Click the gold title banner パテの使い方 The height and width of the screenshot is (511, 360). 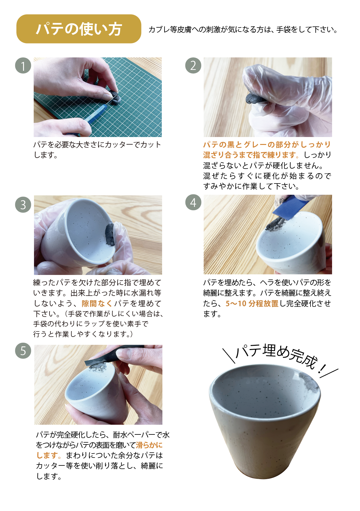[79, 29]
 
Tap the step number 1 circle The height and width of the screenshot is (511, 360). [23, 66]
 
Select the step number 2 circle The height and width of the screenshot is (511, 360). [193, 66]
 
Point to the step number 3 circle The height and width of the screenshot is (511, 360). [23, 204]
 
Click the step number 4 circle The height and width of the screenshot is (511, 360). [193, 202]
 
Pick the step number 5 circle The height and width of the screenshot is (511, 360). [23, 350]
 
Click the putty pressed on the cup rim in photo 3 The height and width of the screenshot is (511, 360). [110, 235]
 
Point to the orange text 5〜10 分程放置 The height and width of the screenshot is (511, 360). [252, 304]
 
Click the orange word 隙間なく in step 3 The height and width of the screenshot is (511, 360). [97, 304]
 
